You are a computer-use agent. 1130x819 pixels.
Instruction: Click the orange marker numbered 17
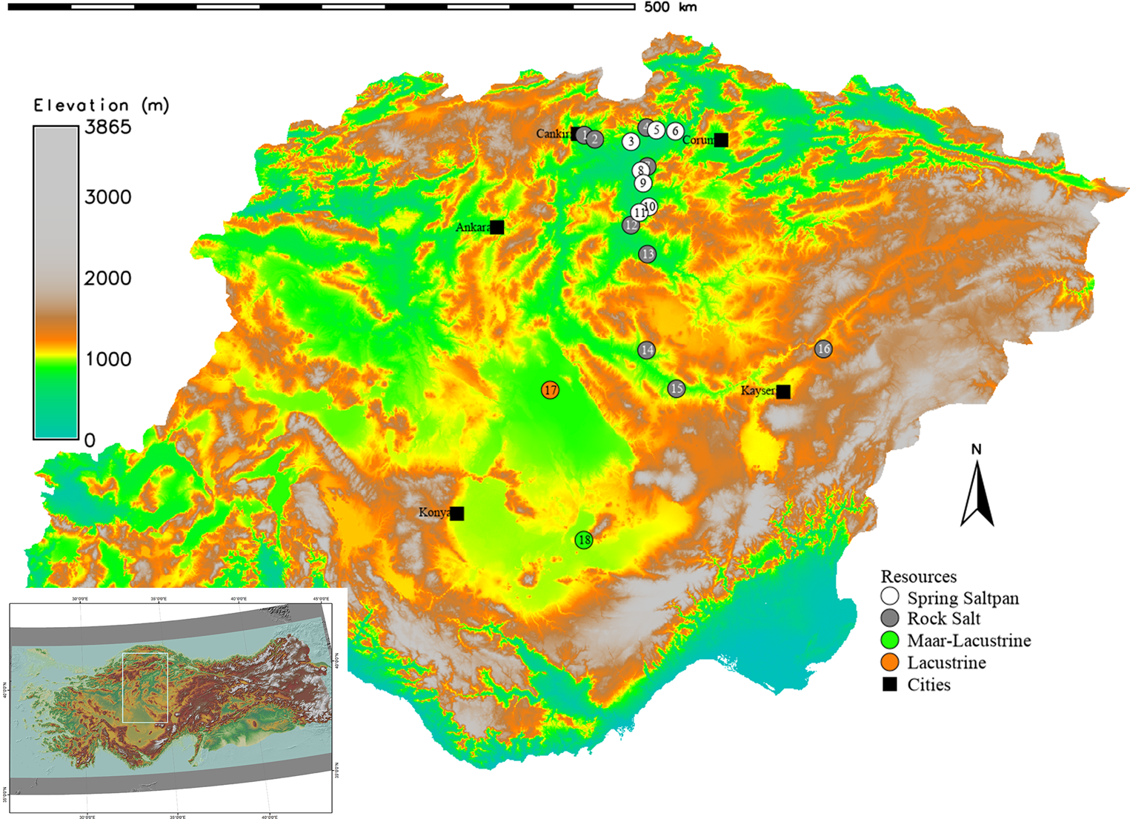[x=550, y=390]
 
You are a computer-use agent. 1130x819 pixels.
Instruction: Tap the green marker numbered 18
[x=584, y=540]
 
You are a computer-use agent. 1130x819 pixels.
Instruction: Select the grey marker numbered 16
[x=823, y=349]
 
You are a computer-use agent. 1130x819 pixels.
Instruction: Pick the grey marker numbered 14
[x=647, y=350]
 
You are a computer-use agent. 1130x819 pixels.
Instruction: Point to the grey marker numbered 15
[x=676, y=388]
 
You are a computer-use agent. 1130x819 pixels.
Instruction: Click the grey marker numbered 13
[x=648, y=254]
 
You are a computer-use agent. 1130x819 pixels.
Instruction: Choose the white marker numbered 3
[x=631, y=141]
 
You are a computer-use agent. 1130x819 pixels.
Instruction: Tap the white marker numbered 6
[x=674, y=131]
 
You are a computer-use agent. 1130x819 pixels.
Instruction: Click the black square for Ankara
[x=497, y=228]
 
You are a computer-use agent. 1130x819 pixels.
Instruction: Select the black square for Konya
[x=457, y=514]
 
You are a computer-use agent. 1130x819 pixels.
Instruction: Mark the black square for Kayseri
[x=783, y=391]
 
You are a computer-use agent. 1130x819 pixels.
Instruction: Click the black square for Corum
[x=721, y=140]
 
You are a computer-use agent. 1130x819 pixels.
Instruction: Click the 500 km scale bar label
[x=670, y=7]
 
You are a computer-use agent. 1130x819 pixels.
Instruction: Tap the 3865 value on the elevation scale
[x=107, y=127]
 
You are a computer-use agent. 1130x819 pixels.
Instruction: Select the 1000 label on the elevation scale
[x=108, y=359]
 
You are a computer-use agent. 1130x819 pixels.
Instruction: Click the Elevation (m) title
[x=102, y=105]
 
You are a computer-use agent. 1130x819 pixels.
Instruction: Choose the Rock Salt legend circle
[x=890, y=619]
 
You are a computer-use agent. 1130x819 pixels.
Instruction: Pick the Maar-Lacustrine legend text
[x=968, y=640]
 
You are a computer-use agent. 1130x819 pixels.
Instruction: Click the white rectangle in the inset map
[x=145, y=687]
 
